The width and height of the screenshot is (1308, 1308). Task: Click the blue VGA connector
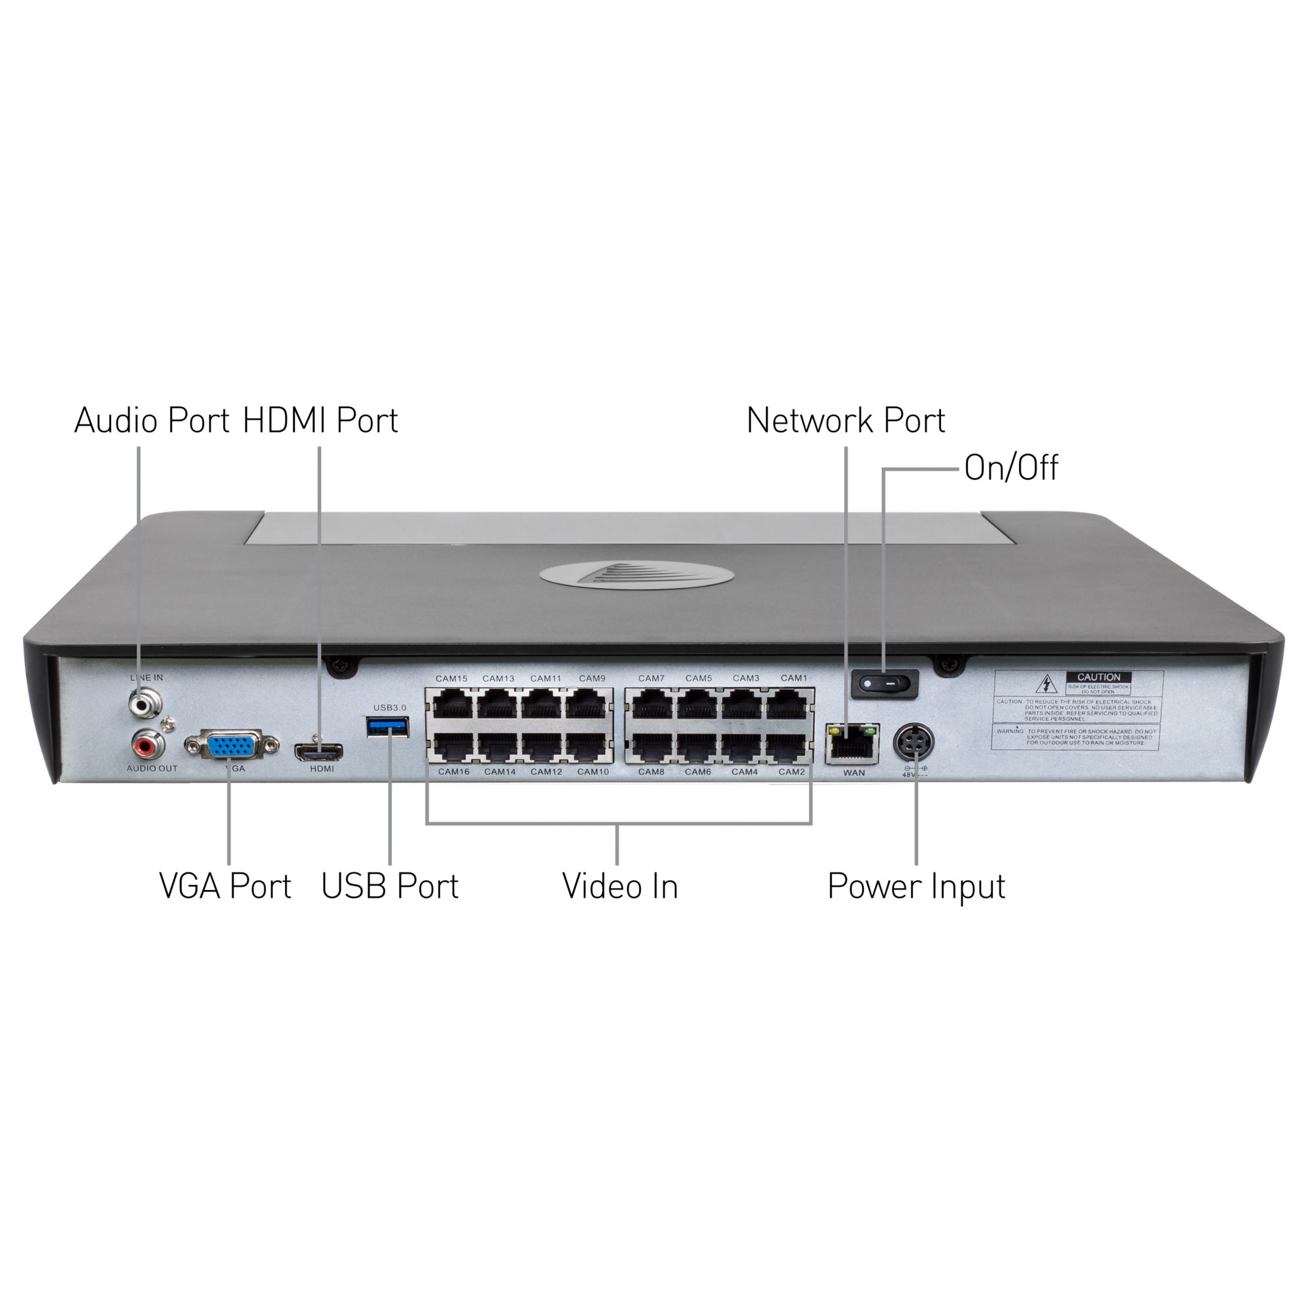click(231, 746)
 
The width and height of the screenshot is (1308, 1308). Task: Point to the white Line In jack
click(146, 704)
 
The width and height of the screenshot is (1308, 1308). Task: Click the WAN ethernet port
click(852, 745)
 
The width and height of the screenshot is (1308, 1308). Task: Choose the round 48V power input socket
click(915, 744)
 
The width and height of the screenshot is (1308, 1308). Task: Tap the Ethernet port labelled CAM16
click(453, 748)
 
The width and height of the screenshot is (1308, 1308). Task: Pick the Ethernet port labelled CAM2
click(789, 748)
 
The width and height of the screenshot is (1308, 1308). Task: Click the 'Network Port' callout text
click(846, 421)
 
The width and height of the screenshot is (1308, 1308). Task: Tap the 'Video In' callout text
click(619, 887)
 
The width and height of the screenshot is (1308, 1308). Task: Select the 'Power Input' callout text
click(916, 887)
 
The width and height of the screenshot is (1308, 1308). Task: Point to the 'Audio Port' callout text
click(152, 421)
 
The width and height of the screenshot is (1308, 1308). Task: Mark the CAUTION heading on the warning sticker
click(1098, 677)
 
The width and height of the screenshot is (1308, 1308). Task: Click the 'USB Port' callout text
click(390, 887)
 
